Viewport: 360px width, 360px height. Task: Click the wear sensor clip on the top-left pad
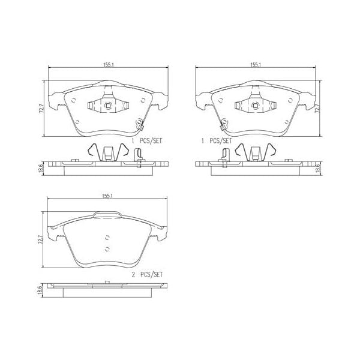coord(139,124)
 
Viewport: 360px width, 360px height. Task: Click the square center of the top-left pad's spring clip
coord(108,106)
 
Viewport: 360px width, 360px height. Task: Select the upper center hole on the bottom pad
coord(107,236)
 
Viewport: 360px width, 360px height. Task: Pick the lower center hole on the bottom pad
coord(107,248)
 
